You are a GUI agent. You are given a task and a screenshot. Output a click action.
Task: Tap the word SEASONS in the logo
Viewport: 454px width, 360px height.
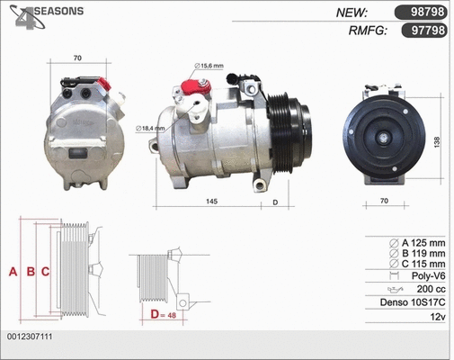[55, 11]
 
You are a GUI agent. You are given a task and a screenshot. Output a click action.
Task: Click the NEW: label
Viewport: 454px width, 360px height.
[352, 13]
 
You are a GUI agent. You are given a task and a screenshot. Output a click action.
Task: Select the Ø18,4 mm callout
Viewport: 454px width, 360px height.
[150, 129]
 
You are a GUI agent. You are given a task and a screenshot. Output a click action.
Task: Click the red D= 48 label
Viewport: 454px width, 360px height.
[163, 315]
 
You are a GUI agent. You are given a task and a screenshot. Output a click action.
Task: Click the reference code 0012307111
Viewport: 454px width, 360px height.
[30, 337]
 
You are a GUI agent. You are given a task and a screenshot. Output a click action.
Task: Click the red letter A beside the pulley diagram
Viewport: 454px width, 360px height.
[13, 271]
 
